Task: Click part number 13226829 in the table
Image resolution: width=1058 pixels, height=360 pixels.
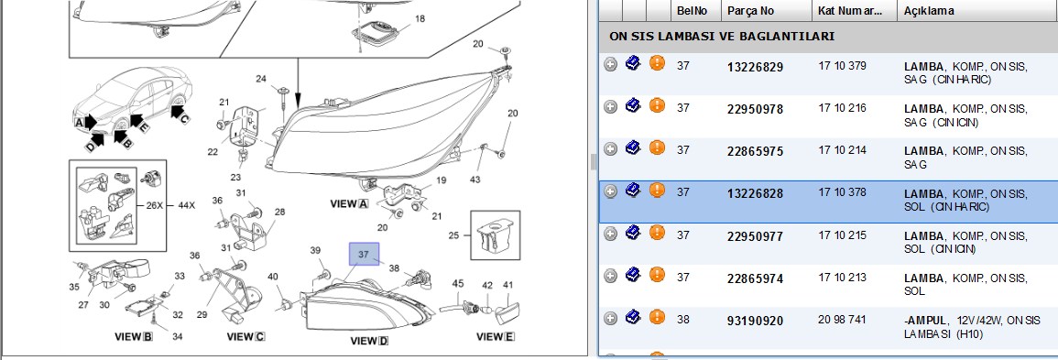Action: pos(755,67)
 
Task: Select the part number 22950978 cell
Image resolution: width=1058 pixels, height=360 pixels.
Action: pos(755,109)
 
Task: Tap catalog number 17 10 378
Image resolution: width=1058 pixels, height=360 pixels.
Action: pos(842,192)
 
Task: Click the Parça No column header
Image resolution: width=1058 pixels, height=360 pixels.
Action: pos(750,12)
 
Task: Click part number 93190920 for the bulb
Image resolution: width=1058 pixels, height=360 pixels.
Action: pos(755,321)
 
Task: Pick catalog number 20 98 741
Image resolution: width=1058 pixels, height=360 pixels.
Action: pos(842,320)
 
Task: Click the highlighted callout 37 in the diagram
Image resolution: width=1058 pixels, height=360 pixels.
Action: pos(364,255)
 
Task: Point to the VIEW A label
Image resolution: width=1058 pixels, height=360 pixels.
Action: pos(350,203)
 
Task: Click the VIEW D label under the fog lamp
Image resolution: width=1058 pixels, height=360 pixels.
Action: pos(369,341)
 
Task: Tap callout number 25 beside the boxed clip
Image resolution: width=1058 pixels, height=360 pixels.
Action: pos(453,235)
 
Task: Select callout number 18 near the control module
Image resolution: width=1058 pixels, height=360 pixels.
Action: pos(420,19)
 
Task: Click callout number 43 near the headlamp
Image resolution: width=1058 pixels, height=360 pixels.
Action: pos(475,180)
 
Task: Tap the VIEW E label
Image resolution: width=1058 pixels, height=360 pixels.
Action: pos(496,336)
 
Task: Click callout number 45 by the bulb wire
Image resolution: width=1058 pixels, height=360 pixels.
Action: pos(458,284)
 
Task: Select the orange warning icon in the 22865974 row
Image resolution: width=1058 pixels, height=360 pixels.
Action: pos(657,275)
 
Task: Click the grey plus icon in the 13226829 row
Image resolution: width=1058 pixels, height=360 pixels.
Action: pos(611,65)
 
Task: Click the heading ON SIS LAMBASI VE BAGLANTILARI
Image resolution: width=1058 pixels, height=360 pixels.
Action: pos(722,37)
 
